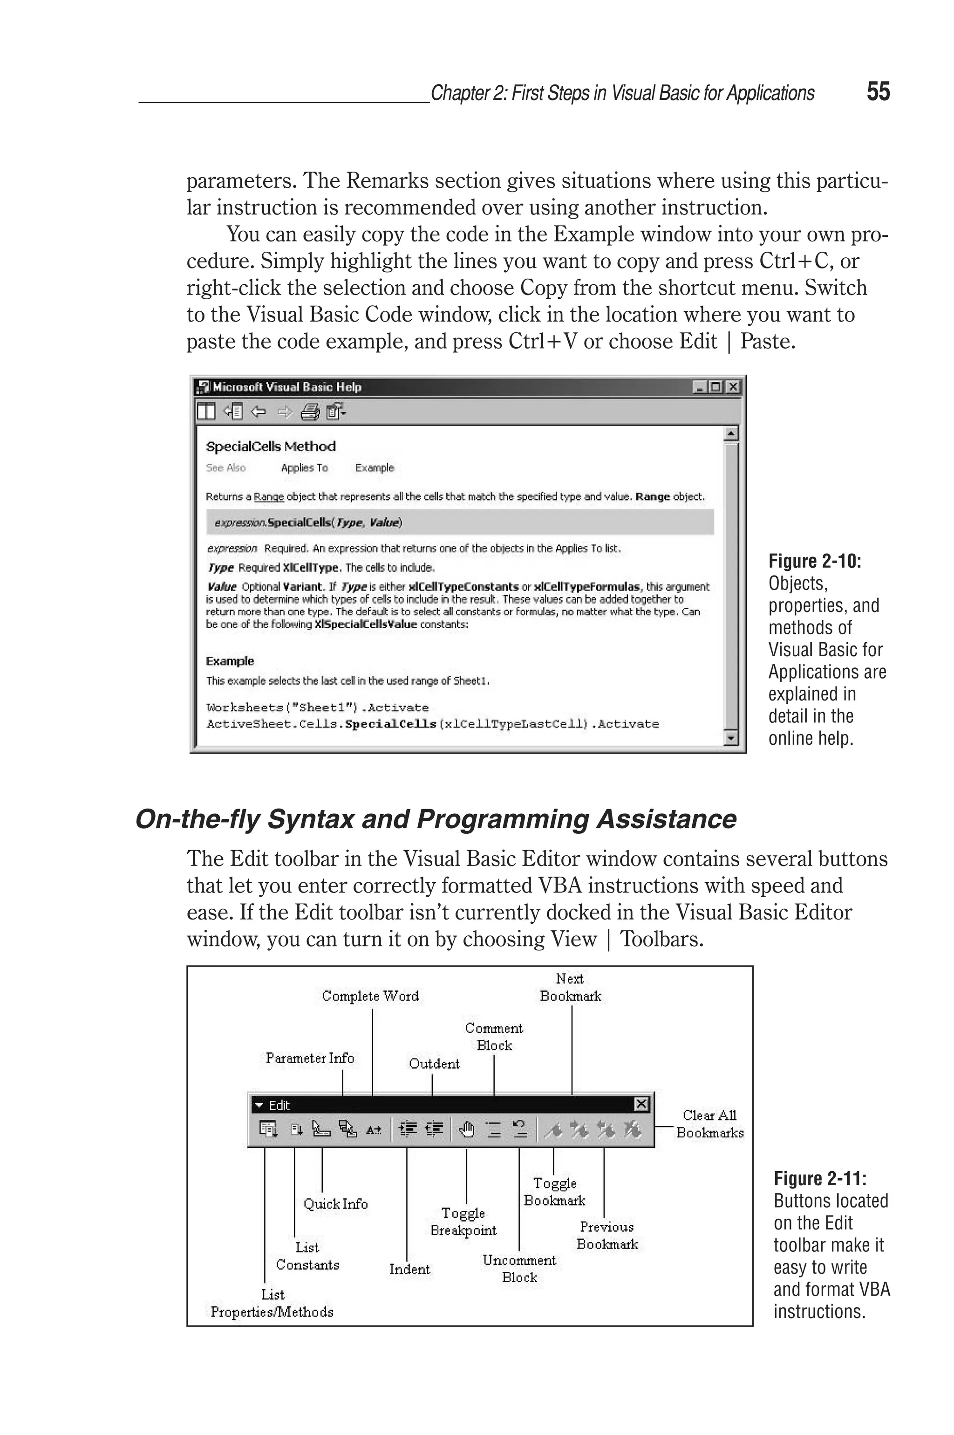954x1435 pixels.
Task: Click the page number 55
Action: pos(878,92)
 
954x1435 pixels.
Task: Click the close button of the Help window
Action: pos(733,386)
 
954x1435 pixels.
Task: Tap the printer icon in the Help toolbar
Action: pos(310,412)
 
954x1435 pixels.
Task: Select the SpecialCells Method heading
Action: pos(271,446)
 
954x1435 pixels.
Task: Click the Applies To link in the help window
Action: pos(304,467)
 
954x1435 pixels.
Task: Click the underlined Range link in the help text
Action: pos(268,497)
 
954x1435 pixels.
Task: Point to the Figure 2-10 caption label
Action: pos(815,561)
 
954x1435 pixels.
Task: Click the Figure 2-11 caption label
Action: pos(819,1178)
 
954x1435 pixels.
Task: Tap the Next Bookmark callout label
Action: pos(570,987)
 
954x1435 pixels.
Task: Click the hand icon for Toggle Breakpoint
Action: pos(466,1130)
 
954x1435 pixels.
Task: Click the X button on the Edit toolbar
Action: pos(641,1104)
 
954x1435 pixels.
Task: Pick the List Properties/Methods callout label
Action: pos(272,1303)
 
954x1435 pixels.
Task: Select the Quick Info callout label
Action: pos(335,1204)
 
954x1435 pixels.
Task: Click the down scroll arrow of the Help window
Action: pos(731,738)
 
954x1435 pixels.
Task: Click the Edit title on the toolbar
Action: pos(279,1105)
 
